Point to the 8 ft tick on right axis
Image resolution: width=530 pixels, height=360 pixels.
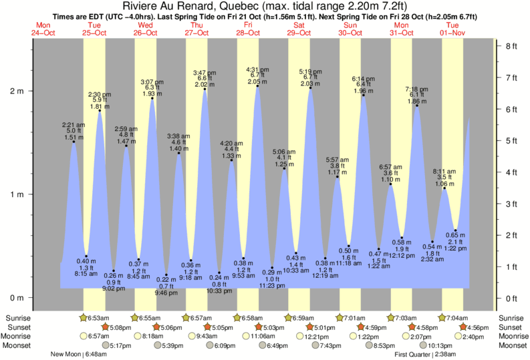point(511,46)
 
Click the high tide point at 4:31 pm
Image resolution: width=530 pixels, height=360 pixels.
point(257,86)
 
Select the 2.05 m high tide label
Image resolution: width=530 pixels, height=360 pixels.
point(257,81)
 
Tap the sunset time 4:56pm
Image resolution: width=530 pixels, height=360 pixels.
point(477,327)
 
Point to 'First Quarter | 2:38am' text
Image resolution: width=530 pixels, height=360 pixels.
point(425,354)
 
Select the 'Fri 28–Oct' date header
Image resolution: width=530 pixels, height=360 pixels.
point(247,27)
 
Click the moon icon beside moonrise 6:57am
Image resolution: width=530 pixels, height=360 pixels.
point(84,337)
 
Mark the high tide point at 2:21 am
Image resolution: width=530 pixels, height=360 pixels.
point(74,142)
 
